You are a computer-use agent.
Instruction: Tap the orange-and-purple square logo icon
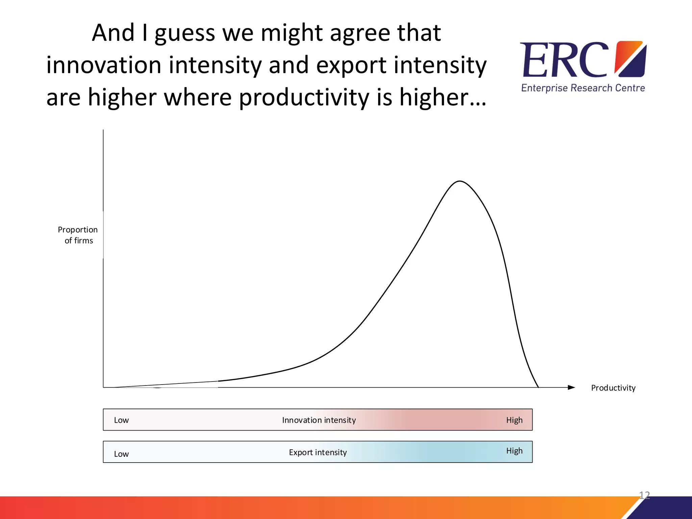(x=631, y=59)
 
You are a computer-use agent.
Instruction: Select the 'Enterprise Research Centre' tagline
(x=583, y=88)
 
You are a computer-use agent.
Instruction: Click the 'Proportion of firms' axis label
(x=78, y=235)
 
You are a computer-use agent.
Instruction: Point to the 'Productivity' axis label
(x=613, y=388)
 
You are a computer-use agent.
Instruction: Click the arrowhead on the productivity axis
(x=571, y=388)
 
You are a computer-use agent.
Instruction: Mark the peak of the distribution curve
(x=460, y=181)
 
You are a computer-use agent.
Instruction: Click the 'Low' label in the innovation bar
(x=121, y=420)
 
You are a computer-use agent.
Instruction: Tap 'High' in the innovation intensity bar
(x=514, y=420)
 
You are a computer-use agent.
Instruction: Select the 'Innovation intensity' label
(x=319, y=420)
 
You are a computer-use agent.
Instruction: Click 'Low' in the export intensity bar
(x=121, y=454)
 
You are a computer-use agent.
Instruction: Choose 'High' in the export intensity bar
(x=514, y=451)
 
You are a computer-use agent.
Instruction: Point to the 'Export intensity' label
(x=318, y=452)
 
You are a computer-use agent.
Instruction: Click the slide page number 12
(x=644, y=495)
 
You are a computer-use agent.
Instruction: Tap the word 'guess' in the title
(x=185, y=34)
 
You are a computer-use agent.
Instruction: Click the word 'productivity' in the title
(x=304, y=98)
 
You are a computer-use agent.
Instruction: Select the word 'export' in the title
(x=351, y=66)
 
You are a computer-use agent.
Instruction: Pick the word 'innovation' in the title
(x=103, y=65)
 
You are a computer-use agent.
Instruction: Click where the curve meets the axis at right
(x=538, y=387)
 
